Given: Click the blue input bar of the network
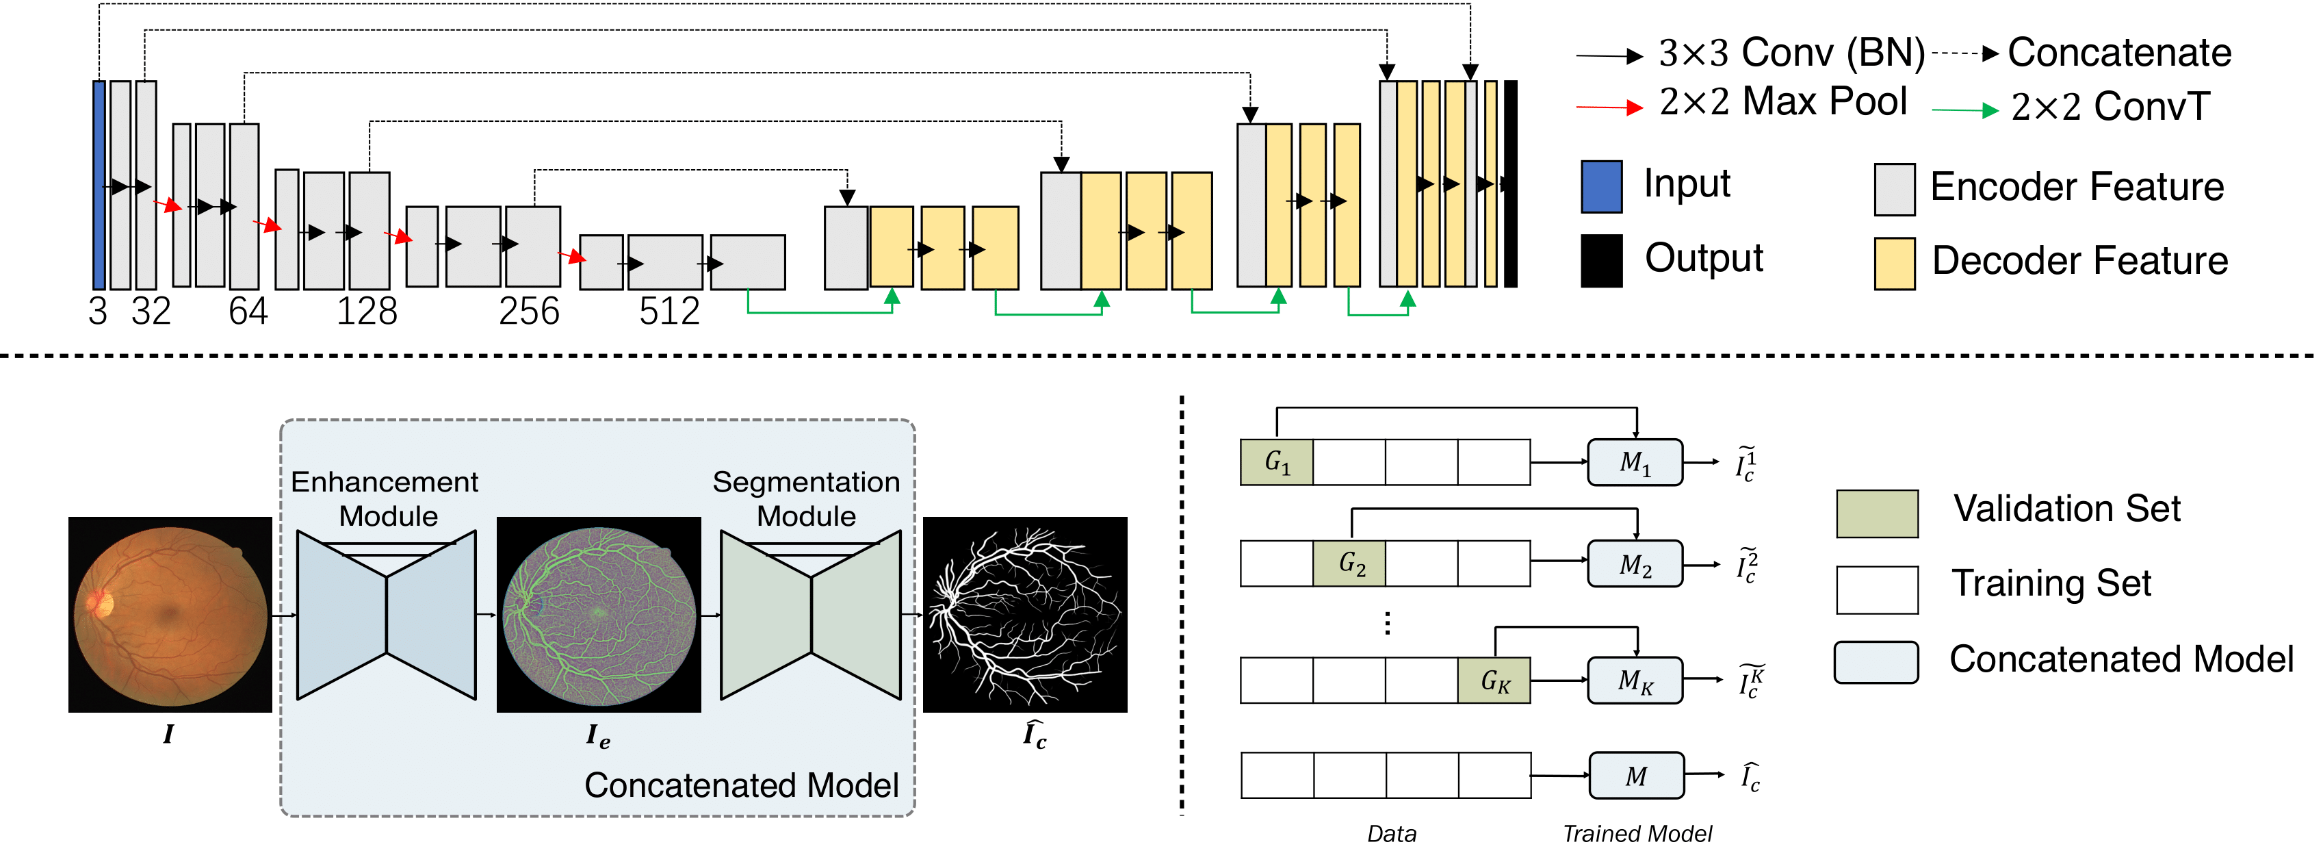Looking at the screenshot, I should coord(99,185).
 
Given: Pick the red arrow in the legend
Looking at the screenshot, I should coord(1610,107).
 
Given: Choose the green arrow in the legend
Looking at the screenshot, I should coord(1966,110).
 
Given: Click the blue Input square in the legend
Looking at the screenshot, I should coord(1602,187).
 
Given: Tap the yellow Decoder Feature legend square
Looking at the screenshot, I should coord(1895,264).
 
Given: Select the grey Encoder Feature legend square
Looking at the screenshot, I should coord(1895,190).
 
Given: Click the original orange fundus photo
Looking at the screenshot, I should coord(170,614).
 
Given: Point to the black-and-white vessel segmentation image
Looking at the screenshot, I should coord(1025,614).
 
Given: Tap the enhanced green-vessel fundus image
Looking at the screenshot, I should coord(599,614).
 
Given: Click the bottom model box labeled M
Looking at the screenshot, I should coord(1636,776).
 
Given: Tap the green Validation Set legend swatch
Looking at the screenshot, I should coord(1878,514).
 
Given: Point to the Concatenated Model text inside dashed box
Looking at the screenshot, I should coord(741,785).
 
